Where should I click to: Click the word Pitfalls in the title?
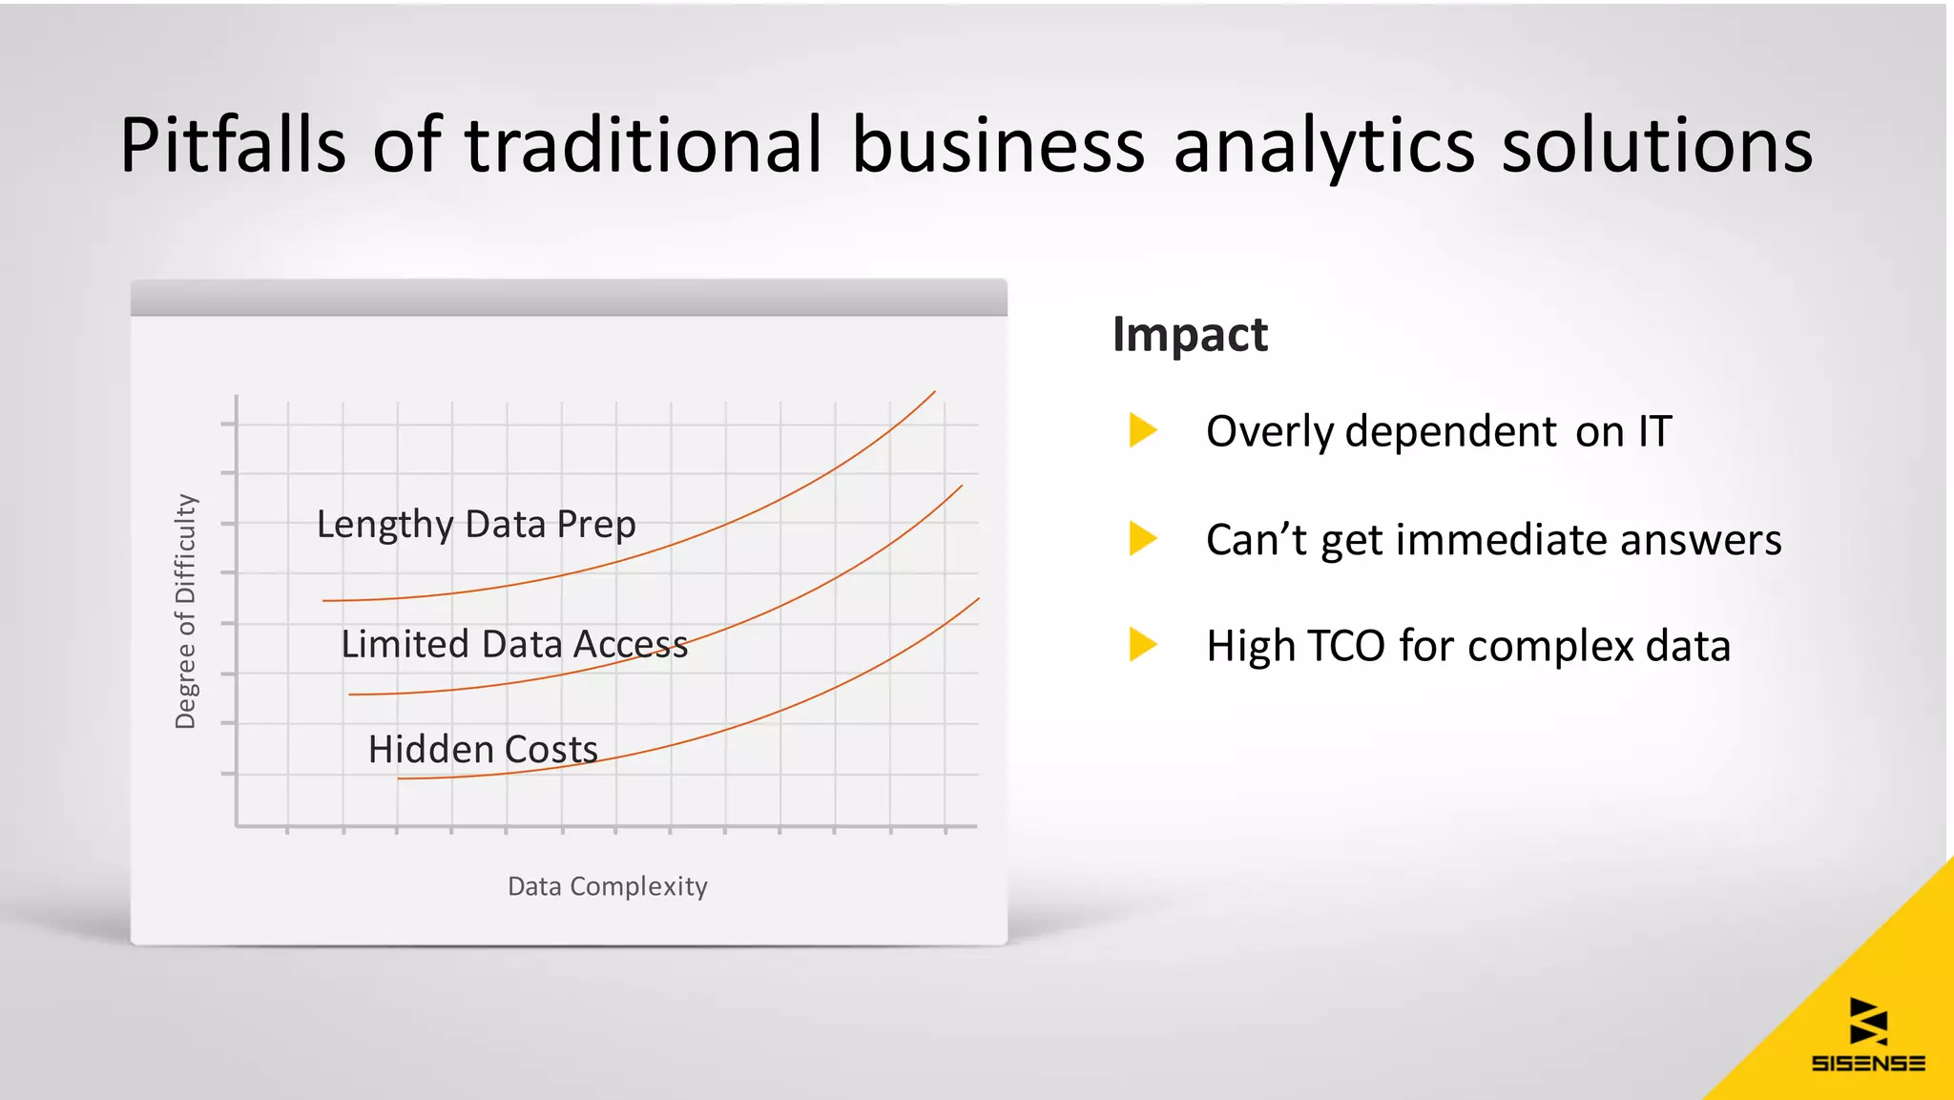click(x=232, y=145)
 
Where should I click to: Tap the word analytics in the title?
click(x=1323, y=145)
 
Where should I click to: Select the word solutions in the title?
click(x=1657, y=145)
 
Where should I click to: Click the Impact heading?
click(x=1190, y=334)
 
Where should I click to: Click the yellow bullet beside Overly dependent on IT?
click(x=1142, y=430)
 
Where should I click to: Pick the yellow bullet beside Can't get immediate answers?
click(x=1142, y=538)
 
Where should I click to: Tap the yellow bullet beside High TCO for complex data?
click(x=1142, y=644)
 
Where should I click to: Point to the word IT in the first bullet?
click(x=1654, y=431)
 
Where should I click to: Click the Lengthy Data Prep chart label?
click(x=476, y=525)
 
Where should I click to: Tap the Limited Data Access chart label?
click(x=514, y=644)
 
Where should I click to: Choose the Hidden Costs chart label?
click(x=483, y=749)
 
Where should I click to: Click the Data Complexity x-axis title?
click(x=607, y=886)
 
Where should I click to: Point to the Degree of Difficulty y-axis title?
click(x=185, y=612)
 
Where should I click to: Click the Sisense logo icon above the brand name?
click(x=1867, y=1021)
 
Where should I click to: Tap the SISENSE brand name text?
click(x=1867, y=1063)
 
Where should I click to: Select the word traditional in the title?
click(x=642, y=145)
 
